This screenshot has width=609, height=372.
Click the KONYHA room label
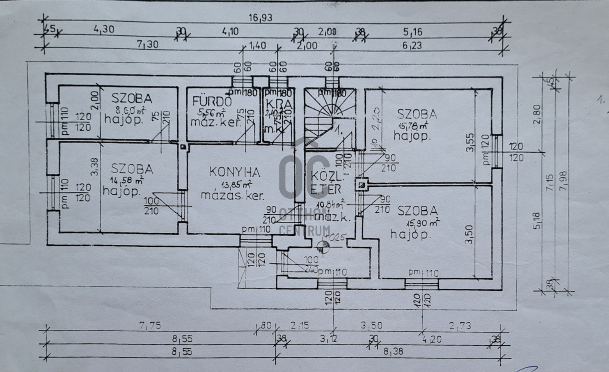235,172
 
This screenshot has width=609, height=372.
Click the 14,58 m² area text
127,179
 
